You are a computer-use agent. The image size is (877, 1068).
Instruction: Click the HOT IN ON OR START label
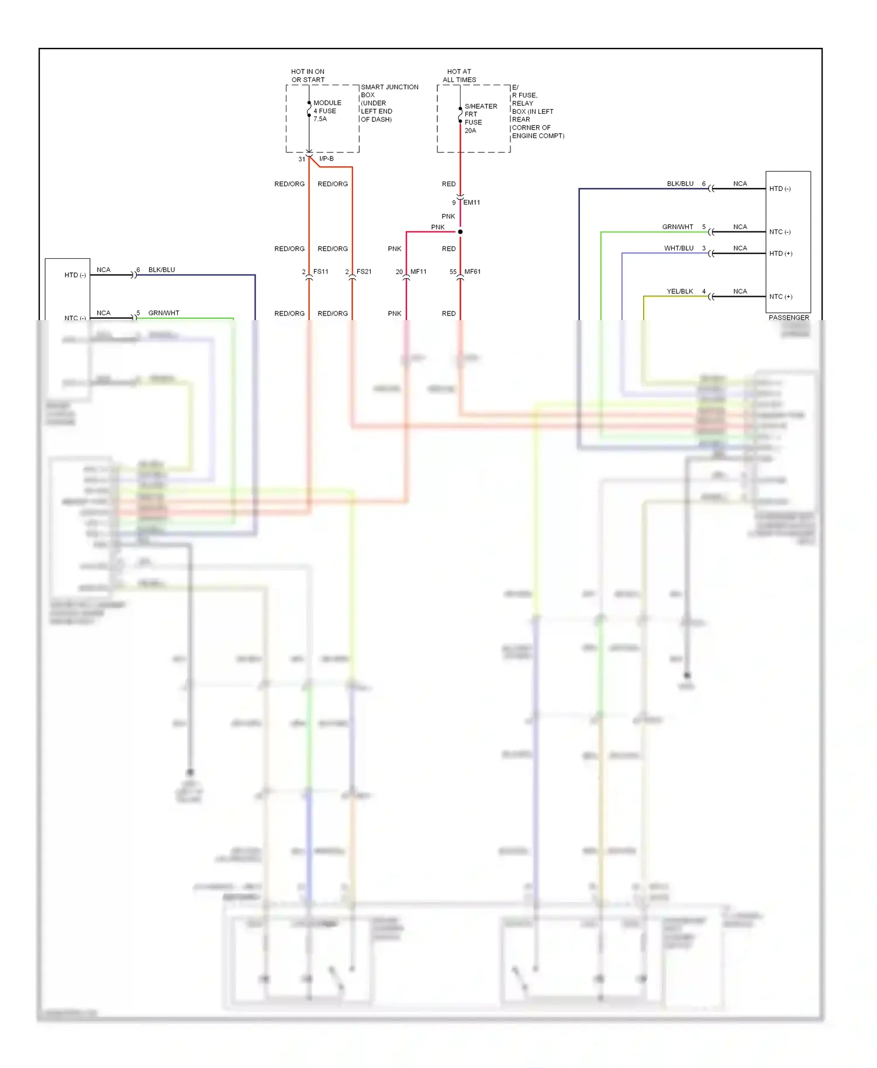click(308, 75)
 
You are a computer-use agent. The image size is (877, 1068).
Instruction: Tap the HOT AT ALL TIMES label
click(459, 75)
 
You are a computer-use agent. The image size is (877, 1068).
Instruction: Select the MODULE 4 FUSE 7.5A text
click(327, 110)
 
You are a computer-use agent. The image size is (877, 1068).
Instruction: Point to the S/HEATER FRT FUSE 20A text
click(480, 118)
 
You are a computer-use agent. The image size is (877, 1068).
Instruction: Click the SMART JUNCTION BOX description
click(389, 103)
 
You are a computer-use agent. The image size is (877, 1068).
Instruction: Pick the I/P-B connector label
click(326, 159)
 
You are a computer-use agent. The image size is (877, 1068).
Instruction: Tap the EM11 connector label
click(471, 203)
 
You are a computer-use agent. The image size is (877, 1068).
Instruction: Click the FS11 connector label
click(320, 272)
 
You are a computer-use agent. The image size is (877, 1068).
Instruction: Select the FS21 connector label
click(364, 272)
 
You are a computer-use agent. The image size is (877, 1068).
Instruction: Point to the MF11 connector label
click(418, 272)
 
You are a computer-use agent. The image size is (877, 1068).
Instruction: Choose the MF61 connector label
click(472, 272)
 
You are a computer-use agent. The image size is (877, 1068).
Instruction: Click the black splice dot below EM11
click(460, 232)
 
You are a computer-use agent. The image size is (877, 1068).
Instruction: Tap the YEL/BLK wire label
click(679, 292)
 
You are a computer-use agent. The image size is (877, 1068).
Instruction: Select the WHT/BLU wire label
click(678, 248)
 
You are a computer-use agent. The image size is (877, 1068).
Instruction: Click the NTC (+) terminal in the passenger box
click(781, 297)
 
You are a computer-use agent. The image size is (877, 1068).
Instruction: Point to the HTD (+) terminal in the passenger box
click(781, 254)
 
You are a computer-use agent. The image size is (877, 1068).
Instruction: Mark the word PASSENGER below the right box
click(789, 318)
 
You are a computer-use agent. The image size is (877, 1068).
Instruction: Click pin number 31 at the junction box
click(302, 159)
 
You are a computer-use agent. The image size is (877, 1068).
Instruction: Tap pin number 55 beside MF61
click(453, 272)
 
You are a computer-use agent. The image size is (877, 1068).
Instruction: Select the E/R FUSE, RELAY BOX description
click(537, 111)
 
